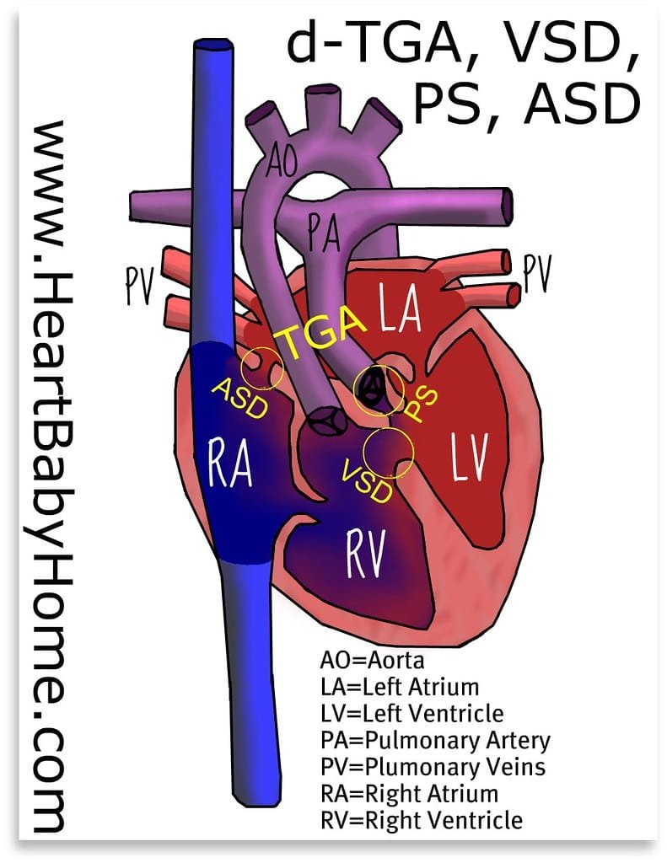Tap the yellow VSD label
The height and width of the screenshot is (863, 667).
click(367, 479)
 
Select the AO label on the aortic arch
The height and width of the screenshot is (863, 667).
click(283, 160)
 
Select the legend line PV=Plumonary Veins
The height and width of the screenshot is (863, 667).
click(433, 766)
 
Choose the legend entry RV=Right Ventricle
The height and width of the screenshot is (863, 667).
click(422, 819)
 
